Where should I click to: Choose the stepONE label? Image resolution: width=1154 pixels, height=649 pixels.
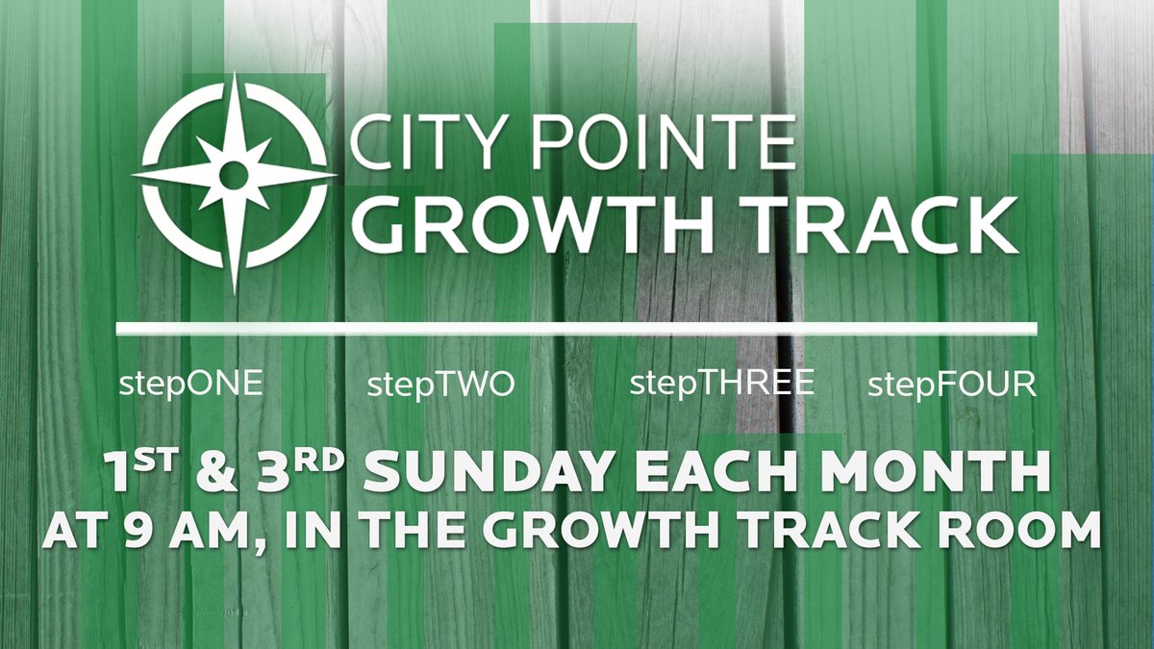point(191,386)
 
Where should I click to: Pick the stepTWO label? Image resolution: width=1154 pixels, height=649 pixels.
point(441,387)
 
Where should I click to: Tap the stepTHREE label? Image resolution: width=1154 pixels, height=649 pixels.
point(722,384)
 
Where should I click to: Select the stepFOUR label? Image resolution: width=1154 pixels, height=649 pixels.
point(952,387)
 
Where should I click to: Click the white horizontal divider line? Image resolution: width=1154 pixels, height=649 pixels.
point(577,330)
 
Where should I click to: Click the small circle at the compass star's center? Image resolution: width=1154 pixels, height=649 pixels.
point(234,175)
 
